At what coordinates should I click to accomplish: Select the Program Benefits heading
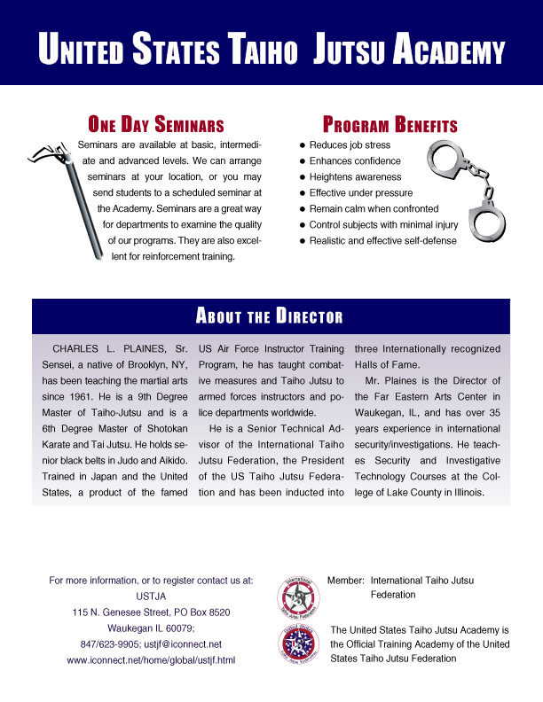tap(390, 124)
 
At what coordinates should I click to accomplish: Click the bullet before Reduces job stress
tap(303, 144)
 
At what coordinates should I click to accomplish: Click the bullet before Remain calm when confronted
tap(303, 208)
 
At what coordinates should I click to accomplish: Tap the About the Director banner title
tap(270, 316)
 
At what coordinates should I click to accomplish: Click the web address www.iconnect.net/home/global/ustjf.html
tap(151, 660)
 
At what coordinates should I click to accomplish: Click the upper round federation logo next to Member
tap(299, 595)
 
